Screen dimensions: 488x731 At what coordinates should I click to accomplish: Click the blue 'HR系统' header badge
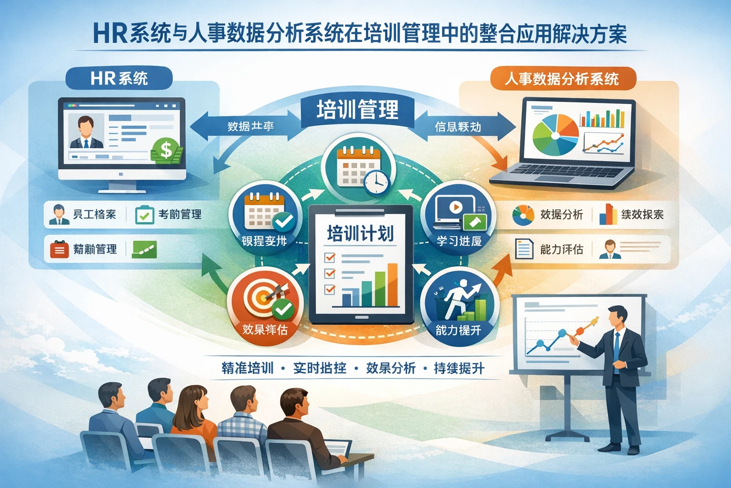[119, 78]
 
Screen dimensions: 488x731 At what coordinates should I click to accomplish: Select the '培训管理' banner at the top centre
[357, 110]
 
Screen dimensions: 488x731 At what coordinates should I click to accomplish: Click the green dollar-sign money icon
[166, 151]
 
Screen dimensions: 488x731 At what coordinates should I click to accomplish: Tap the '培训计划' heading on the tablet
[360, 234]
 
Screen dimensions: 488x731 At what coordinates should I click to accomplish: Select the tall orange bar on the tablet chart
[393, 285]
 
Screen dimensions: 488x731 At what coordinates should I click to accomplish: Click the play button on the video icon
[455, 207]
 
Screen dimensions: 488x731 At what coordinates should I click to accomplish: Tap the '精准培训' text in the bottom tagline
[247, 368]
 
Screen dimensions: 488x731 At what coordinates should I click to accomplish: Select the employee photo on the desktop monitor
[86, 131]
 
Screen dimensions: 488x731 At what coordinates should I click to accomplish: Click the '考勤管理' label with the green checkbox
[168, 215]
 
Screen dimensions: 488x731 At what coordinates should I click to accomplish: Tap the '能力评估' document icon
[524, 249]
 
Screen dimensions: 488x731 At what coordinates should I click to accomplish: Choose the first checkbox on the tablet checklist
[329, 257]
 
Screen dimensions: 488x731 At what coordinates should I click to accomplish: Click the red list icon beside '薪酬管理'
[59, 249]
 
